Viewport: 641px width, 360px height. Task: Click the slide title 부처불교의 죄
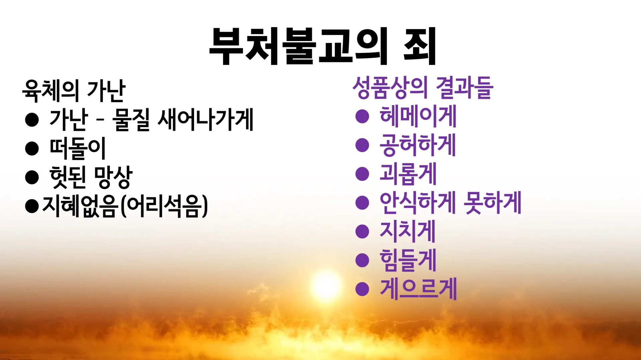tap(323, 46)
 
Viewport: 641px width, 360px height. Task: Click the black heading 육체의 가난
tap(74, 91)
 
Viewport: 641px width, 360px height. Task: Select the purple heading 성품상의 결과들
tap(423, 88)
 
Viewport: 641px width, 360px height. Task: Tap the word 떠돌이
tap(77, 148)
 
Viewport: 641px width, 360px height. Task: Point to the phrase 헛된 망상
tap(91, 177)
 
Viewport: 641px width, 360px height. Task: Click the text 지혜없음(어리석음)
tap(125, 206)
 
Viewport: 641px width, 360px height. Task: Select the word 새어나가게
tap(205, 119)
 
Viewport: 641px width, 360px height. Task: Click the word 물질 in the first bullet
tap(131, 119)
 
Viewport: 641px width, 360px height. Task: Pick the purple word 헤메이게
tap(418, 116)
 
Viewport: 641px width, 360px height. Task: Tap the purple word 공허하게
tap(418, 145)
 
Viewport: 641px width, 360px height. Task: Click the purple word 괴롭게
tap(408, 174)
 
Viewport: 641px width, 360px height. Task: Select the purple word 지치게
tap(408, 231)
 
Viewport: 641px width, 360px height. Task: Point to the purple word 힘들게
tap(408, 260)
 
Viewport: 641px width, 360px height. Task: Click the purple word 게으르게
tap(418, 289)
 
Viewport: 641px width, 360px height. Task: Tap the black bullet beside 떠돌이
tap(32, 148)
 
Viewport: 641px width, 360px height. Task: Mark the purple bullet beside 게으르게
tap(362, 289)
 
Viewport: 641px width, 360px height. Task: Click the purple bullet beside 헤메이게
tap(362, 116)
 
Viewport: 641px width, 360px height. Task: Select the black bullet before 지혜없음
tap(32, 206)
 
